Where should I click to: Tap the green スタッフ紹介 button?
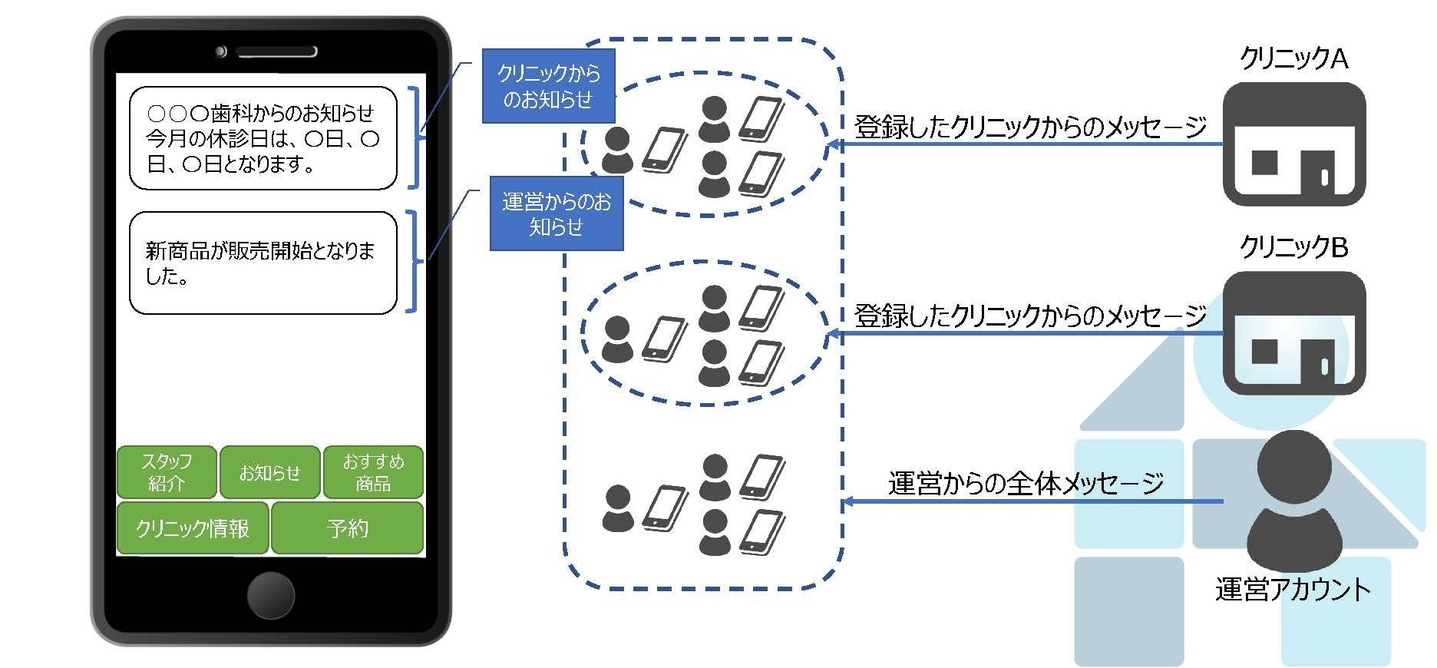pyautogui.click(x=167, y=472)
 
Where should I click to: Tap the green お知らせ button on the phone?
pyautogui.click(x=269, y=472)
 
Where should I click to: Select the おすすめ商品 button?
pyautogui.click(x=373, y=472)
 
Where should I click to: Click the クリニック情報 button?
pyautogui.click(x=193, y=528)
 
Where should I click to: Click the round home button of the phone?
pyautogui.click(x=271, y=595)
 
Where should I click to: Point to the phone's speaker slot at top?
pyautogui.click(x=276, y=52)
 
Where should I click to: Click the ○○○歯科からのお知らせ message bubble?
pyautogui.click(x=263, y=138)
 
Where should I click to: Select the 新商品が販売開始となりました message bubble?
pyautogui.click(x=263, y=263)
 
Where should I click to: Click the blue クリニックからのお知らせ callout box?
pyautogui.click(x=548, y=86)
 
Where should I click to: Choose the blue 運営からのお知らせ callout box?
pyautogui.click(x=556, y=213)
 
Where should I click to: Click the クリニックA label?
pyautogui.click(x=1293, y=58)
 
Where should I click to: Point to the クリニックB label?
pyautogui.click(x=1293, y=247)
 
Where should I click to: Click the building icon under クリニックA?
pyautogui.click(x=1293, y=144)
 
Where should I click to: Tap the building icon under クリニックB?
pyautogui.click(x=1293, y=333)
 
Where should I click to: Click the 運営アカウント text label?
pyautogui.click(x=1293, y=590)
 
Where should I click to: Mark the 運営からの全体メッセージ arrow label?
pyautogui.click(x=1026, y=483)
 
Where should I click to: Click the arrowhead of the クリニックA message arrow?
pyautogui.click(x=831, y=144)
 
